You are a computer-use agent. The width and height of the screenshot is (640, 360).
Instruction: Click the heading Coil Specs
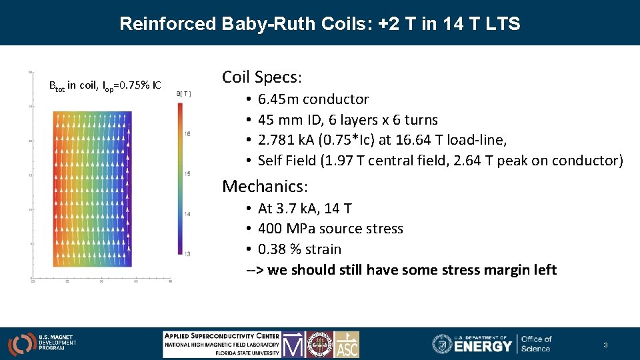262,77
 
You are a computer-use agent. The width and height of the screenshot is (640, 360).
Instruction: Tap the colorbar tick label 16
188,134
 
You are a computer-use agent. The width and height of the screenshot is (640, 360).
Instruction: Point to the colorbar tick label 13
188,253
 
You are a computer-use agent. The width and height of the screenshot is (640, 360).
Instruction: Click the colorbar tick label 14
188,213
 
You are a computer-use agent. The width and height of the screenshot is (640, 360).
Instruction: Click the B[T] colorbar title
183,94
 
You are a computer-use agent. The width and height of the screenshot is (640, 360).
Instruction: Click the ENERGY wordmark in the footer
483,345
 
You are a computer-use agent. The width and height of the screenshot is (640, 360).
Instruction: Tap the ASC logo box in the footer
347,344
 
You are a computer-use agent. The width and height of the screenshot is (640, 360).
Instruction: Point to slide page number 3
605,345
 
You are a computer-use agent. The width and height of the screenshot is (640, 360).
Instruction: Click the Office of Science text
536,343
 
